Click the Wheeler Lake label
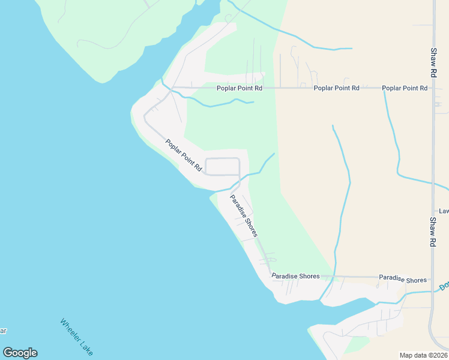(77, 337)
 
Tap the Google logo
(20, 353)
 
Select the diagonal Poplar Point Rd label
(184, 156)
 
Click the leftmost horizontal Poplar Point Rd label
(240, 88)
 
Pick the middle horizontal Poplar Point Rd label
(336, 88)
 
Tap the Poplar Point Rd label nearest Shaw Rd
(405, 88)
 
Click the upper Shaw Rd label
(433, 63)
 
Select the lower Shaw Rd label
(433, 233)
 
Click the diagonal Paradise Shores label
(244, 215)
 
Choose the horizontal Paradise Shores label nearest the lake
(295, 277)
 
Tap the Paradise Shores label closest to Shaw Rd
(402, 280)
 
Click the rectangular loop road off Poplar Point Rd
(222, 166)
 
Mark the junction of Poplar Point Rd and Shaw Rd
(433, 88)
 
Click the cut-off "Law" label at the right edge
(444, 211)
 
